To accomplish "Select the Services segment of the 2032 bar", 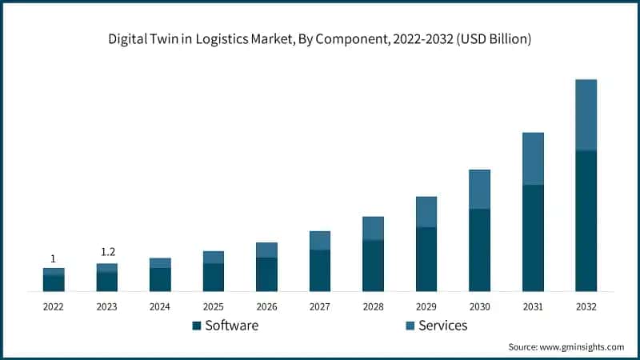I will tap(586, 114).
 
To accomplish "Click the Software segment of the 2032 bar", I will tap(586, 221).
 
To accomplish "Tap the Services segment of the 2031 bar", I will tap(533, 158).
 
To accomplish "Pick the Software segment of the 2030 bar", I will tap(479, 250).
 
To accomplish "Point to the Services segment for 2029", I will tap(426, 212).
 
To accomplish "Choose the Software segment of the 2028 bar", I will tap(373, 266).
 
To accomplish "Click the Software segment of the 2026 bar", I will tap(266, 274).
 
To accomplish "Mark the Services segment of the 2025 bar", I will tap(214, 257).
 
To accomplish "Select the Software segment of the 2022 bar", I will tap(54, 283).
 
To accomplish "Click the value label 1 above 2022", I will tap(54, 258).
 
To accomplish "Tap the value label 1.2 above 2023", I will tap(107, 253).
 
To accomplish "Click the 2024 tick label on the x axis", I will tap(160, 306).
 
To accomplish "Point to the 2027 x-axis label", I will tap(320, 306).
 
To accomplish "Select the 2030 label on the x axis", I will tap(479, 306).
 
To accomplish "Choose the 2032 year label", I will tap(586, 306).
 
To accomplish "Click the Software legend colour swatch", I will tap(197, 326).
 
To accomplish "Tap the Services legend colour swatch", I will tap(410, 326).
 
